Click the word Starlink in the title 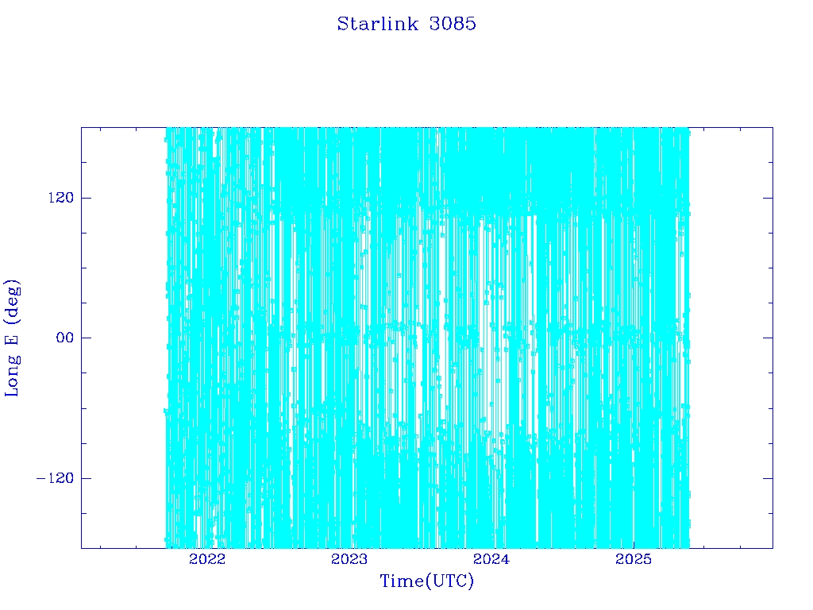coord(377,24)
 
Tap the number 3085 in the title coord(453,24)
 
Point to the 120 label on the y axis coord(61,198)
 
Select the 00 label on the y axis coord(65,338)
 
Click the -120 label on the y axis coord(56,478)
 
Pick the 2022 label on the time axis coord(207,559)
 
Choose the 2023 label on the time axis coord(349,559)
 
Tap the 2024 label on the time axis coord(491,559)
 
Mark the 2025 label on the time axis coord(634,559)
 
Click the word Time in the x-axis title coord(403,581)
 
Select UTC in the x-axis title coord(449,581)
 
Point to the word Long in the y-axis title coord(13,376)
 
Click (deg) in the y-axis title coord(13,302)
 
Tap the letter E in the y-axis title coord(11,339)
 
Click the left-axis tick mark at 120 coord(86,198)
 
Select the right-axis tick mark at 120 coord(768,198)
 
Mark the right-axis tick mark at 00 coord(768,338)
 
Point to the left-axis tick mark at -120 coord(86,478)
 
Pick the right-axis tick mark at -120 coord(768,478)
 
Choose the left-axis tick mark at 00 coord(86,338)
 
